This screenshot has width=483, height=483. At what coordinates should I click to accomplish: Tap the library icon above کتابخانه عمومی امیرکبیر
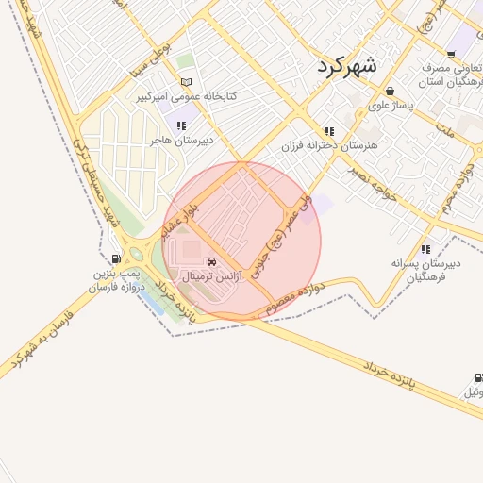click(186, 82)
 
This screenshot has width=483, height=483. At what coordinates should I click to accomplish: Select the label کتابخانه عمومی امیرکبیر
click(185, 96)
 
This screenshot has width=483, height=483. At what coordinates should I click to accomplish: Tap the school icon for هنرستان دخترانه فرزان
click(329, 131)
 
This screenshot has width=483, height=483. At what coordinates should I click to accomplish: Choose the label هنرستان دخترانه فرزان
click(329, 146)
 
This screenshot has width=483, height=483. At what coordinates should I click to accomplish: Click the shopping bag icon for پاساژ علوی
click(389, 91)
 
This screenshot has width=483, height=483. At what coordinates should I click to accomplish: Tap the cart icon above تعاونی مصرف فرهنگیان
click(450, 54)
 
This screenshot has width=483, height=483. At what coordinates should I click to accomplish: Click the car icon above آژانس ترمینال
click(211, 261)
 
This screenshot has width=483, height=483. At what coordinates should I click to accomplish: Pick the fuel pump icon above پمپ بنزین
click(115, 258)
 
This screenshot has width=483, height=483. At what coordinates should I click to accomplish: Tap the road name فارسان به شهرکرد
click(42, 335)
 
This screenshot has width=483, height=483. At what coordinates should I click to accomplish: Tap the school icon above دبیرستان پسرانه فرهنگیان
click(425, 249)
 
